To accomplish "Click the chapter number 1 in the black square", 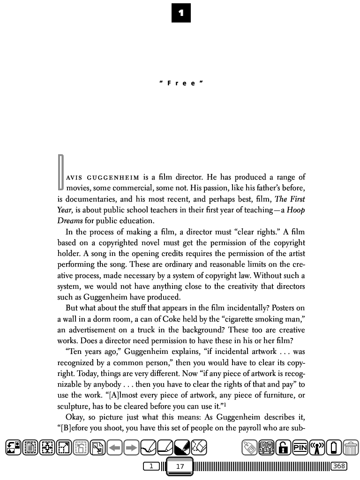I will tap(181, 13).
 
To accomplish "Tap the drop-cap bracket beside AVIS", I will tap(60, 172).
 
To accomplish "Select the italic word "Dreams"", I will tap(70, 221).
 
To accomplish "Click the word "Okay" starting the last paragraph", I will tap(75, 417).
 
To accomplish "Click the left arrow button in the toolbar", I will tap(115, 448).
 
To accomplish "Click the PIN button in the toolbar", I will tap(300, 448).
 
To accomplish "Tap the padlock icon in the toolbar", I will tap(283, 448).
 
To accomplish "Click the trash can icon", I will tap(351, 448).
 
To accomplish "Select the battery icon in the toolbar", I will tap(334, 448).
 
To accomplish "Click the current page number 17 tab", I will tap(180, 466).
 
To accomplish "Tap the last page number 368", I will tap(338, 466).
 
